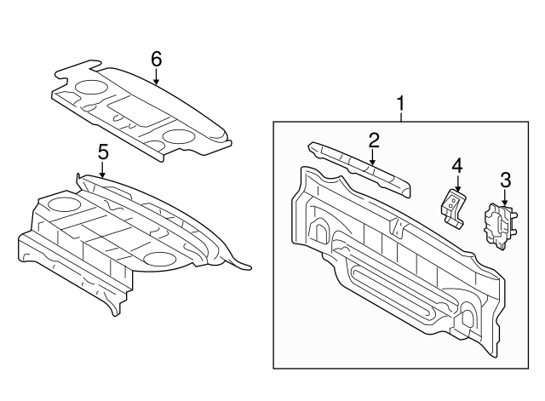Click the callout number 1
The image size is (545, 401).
(401, 103)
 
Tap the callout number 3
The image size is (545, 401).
(505, 180)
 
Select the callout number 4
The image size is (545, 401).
(457, 165)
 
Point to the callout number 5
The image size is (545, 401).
(103, 152)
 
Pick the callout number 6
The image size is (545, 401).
(157, 59)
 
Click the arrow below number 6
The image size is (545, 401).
(157, 77)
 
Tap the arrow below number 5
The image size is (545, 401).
(102, 169)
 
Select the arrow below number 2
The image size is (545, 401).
(373, 157)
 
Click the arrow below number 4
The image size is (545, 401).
(457, 183)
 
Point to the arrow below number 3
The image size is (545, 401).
(504, 197)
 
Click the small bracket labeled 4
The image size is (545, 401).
(453, 209)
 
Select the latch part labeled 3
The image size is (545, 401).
(500, 226)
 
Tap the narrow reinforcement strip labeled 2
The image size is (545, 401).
(359, 168)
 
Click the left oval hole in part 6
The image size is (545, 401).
(91, 87)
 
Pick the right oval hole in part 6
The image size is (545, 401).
(178, 136)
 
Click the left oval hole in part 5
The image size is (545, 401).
(64, 204)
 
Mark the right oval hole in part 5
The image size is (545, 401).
(159, 259)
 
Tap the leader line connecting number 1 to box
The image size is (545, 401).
(401, 117)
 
